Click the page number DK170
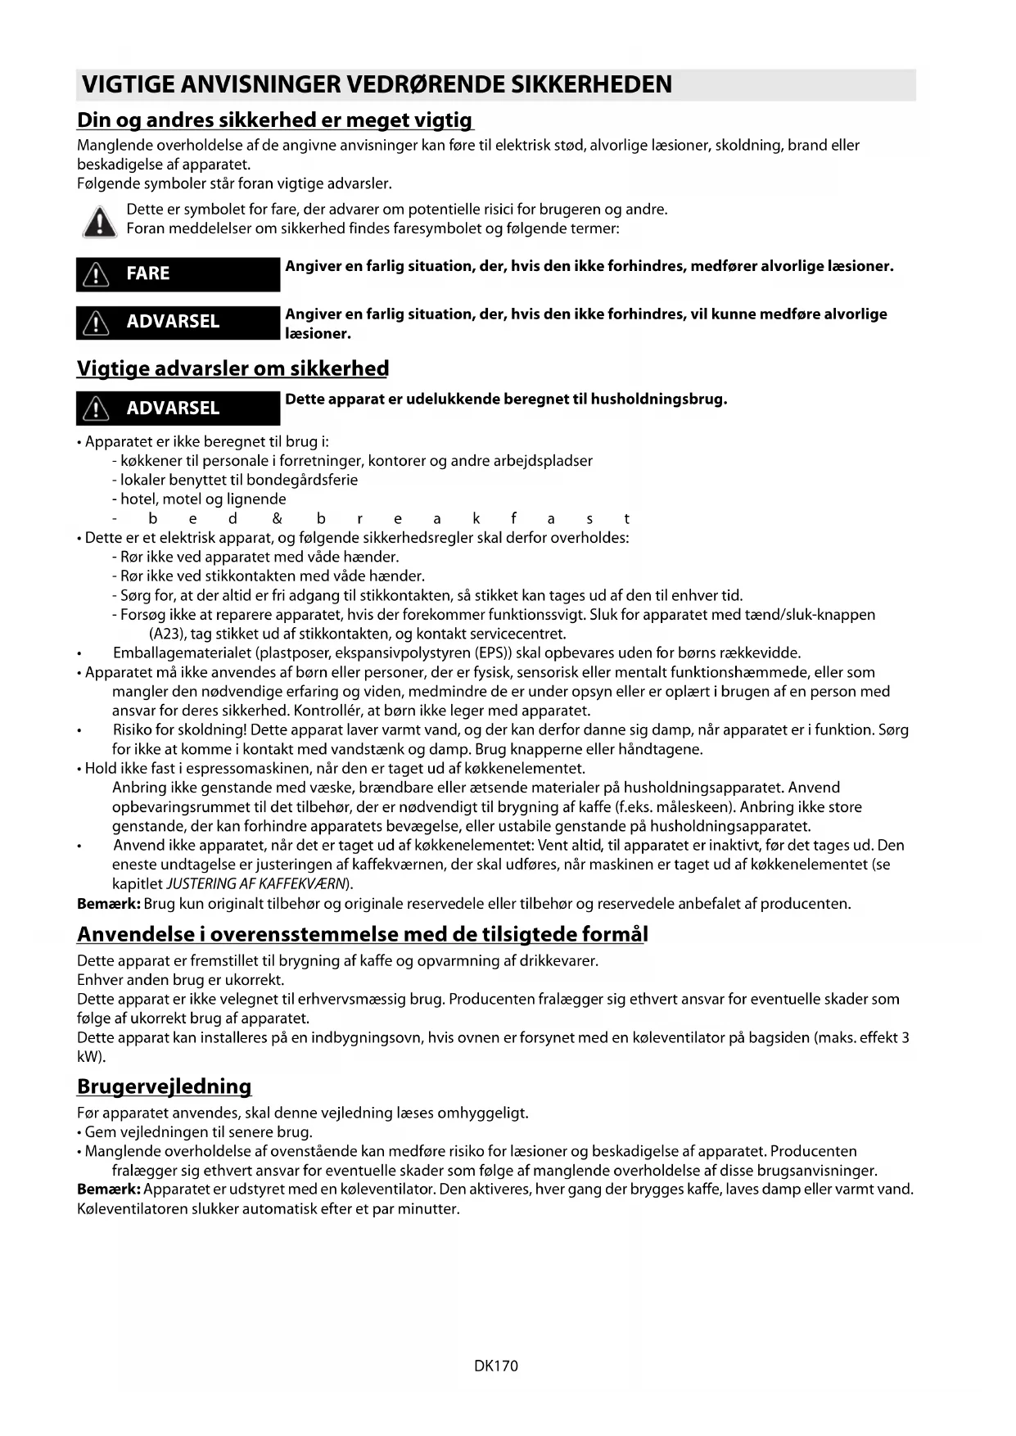point(495,1366)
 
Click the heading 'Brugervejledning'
point(164,1086)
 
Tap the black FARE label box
point(178,273)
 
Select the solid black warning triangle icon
point(99,222)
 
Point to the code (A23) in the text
point(168,634)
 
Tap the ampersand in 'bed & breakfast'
point(277,518)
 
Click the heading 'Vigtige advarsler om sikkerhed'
point(233,368)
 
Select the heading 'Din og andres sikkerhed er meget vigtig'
point(275,120)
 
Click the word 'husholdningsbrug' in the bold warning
point(658,400)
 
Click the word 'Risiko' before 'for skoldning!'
point(133,730)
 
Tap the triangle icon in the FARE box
point(96,275)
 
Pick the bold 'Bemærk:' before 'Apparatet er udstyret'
point(108,1189)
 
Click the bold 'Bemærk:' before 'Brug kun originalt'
point(108,904)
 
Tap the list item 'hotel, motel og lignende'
point(203,499)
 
